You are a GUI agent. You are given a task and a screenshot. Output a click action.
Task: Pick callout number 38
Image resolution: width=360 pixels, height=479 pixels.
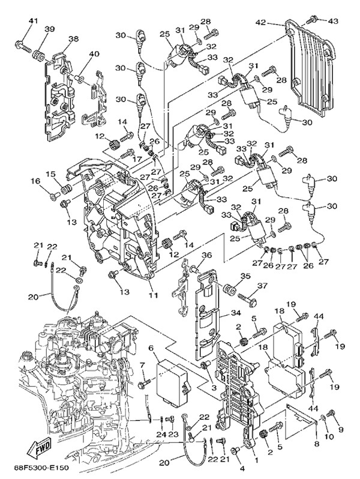click(73, 38)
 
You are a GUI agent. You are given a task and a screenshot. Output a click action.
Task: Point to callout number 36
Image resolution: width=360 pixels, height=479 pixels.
click(206, 255)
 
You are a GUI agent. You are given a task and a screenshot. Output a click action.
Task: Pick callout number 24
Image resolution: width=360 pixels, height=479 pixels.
click(161, 433)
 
